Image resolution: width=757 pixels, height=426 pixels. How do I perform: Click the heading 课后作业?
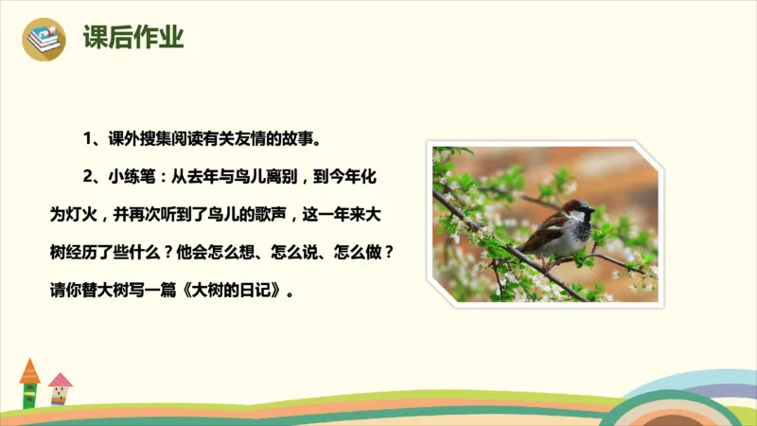point(133,39)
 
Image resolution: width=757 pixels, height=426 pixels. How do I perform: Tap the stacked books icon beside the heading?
point(44,39)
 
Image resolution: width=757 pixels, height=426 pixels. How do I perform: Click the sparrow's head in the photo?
point(574,209)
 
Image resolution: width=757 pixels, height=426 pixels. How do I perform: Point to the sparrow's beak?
point(592,209)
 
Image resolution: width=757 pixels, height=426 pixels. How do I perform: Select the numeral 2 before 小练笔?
point(86,177)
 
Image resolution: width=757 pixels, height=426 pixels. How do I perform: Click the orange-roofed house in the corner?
point(29,382)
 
